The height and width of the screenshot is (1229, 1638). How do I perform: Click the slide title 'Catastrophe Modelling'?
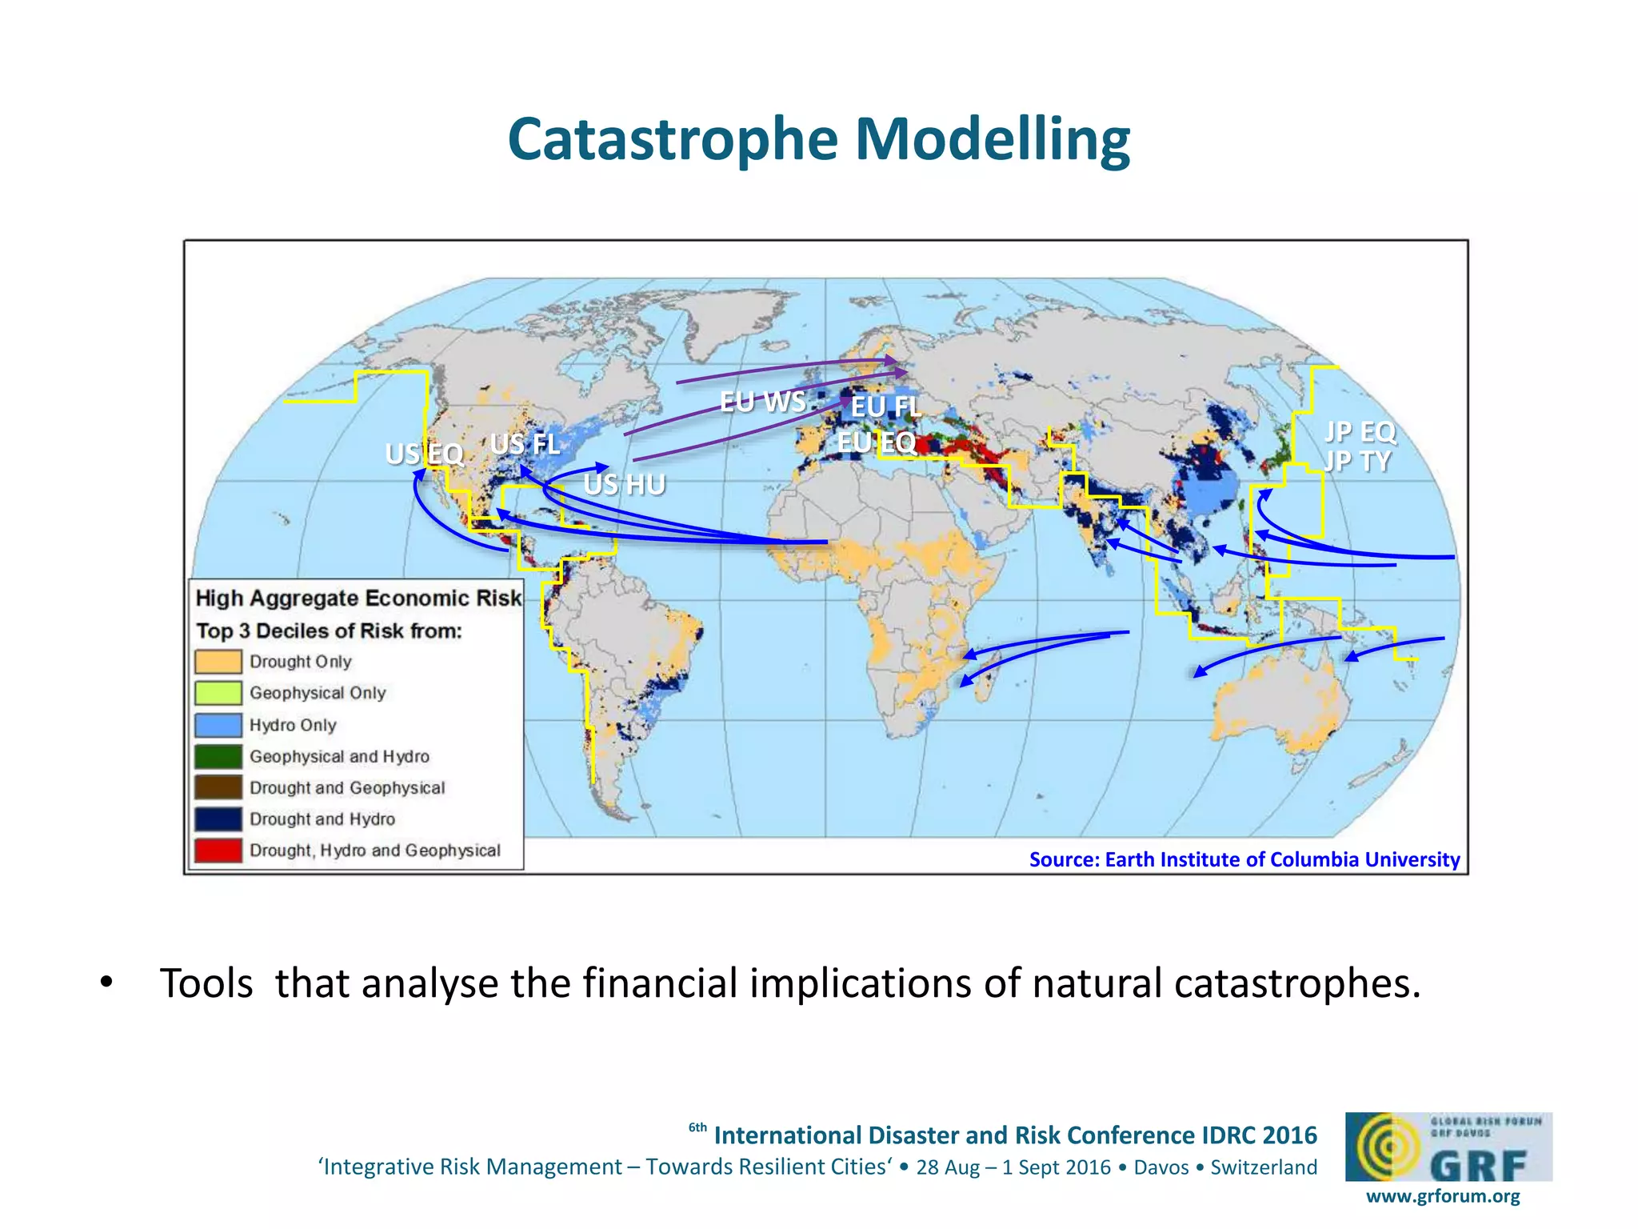click(x=818, y=139)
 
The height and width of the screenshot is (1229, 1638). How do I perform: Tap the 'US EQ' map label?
click(x=425, y=454)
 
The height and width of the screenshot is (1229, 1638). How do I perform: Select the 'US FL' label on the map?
click(x=525, y=443)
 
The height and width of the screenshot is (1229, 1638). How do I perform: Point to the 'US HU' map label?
click(x=625, y=484)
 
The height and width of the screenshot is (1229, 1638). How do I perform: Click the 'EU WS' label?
click(x=762, y=401)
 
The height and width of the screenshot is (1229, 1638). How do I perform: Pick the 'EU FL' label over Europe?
click(x=885, y=406)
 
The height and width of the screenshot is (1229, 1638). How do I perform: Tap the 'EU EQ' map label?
click(x=877, y=442)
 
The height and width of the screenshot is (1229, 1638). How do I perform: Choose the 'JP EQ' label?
click(x=1360, y=432)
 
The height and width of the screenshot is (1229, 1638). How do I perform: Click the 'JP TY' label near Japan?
click(x=1357, y=462)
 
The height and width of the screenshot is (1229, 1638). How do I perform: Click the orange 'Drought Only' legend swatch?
click(x=218, y=662)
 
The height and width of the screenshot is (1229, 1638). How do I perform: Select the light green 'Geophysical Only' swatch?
click(x=218, y=693)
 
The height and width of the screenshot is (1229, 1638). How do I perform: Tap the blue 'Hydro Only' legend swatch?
click(x=218, y=725)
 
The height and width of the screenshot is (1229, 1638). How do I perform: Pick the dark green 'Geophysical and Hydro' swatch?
click(x=218, y=756)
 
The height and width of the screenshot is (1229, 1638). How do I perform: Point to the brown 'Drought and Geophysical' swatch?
click(x=218, y=787)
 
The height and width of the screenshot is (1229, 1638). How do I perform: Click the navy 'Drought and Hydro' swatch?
click(x=218, y=819)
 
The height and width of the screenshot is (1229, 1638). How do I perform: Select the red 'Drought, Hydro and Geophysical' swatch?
click(x=218, y=851)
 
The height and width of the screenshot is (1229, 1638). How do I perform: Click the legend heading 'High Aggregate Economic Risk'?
click(x=358, y=598)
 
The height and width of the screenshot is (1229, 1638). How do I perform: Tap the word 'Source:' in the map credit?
click(x=1064, y=859)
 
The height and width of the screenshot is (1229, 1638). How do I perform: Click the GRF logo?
click(x=1448, y=1147)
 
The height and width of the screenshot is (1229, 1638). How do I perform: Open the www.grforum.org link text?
click(x=1443, y=1196)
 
